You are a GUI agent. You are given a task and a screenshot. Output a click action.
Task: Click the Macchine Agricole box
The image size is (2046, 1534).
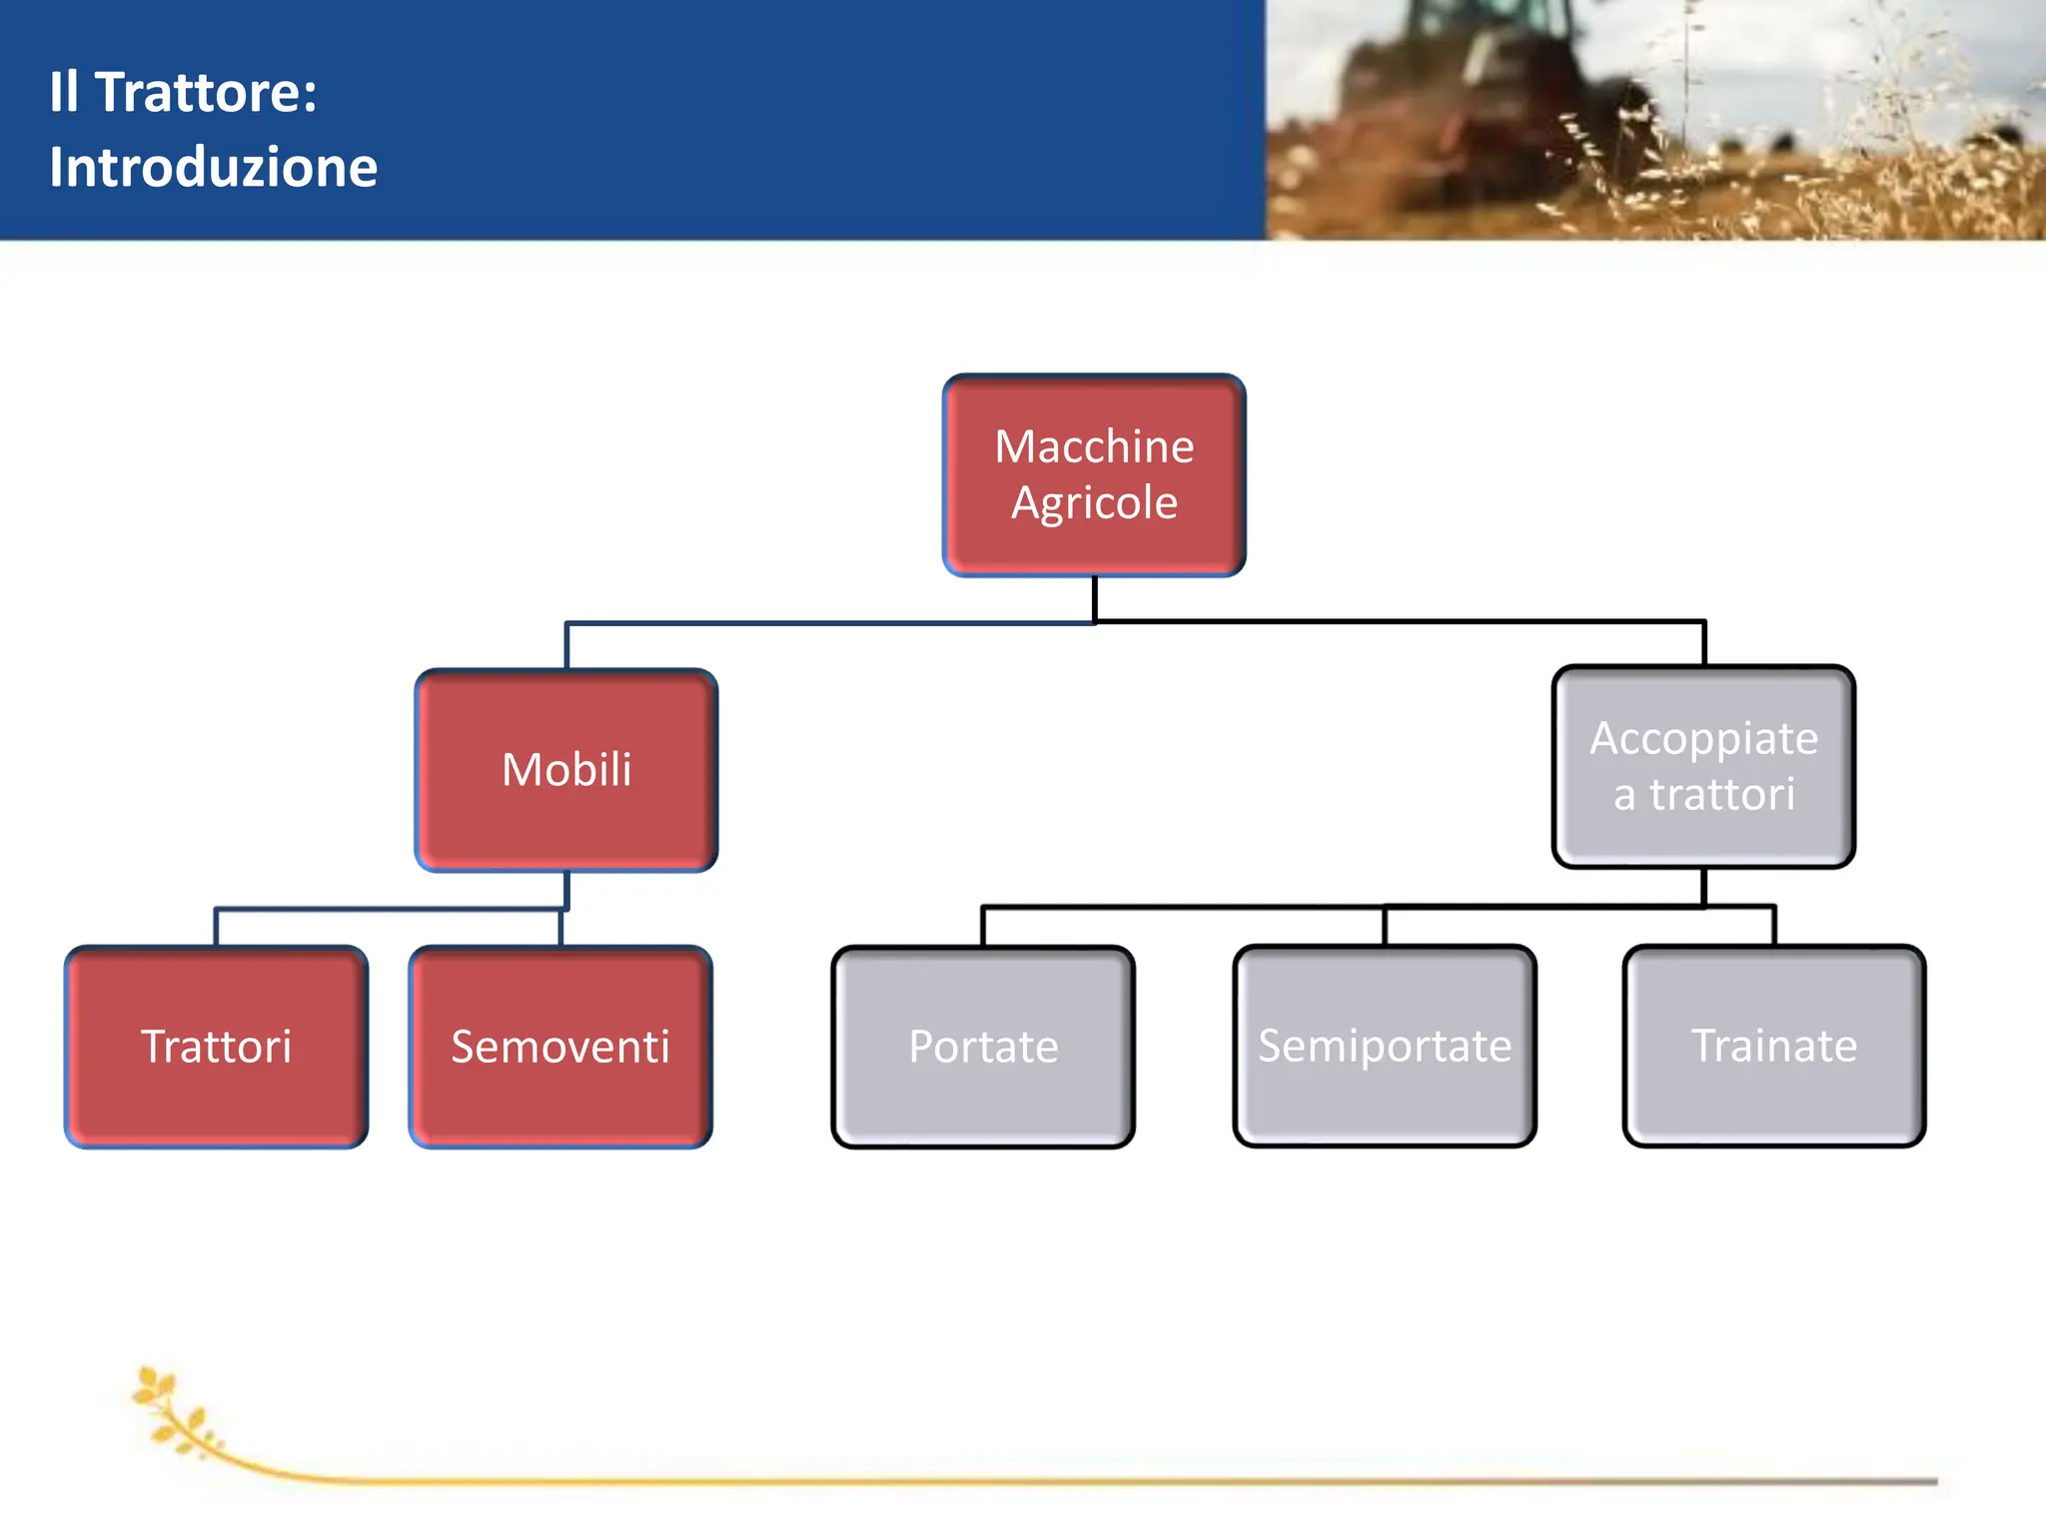point(1094,475)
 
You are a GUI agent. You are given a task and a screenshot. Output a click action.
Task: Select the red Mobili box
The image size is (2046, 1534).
point(566,770)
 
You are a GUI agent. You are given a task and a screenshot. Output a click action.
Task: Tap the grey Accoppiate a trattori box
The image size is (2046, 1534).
point(1703,766)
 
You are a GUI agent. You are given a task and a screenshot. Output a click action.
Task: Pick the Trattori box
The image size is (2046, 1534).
point(217,1047)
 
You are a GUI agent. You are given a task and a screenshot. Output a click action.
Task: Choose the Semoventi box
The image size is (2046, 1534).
point(560,1047)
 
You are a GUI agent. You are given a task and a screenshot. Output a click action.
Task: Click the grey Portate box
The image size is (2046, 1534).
point(983,1047)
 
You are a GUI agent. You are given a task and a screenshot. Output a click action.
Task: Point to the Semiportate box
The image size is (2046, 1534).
point(1385,1046)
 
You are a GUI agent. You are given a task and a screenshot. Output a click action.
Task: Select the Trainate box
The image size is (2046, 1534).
point(1773,1046)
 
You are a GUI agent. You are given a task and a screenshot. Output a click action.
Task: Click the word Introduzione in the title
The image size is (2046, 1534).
point(214,167)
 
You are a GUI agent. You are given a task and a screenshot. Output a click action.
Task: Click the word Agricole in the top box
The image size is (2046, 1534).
point(1094,502)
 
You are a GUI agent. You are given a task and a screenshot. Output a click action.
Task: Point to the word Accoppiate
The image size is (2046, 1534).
point(1703,739)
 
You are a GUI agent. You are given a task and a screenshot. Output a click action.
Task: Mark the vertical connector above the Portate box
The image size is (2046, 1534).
point(983,927)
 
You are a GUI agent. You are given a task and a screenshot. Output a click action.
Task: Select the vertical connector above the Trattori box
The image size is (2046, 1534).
point(217,928)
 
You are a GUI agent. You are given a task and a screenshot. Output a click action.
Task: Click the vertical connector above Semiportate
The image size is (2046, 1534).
point(1385,926)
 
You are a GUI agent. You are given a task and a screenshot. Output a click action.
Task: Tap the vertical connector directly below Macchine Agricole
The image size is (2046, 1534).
point(1094,598)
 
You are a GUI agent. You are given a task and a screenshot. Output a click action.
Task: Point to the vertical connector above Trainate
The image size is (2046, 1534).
point(1773,926)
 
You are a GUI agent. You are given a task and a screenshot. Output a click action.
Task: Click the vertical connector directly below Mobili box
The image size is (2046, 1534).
point(566,889)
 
